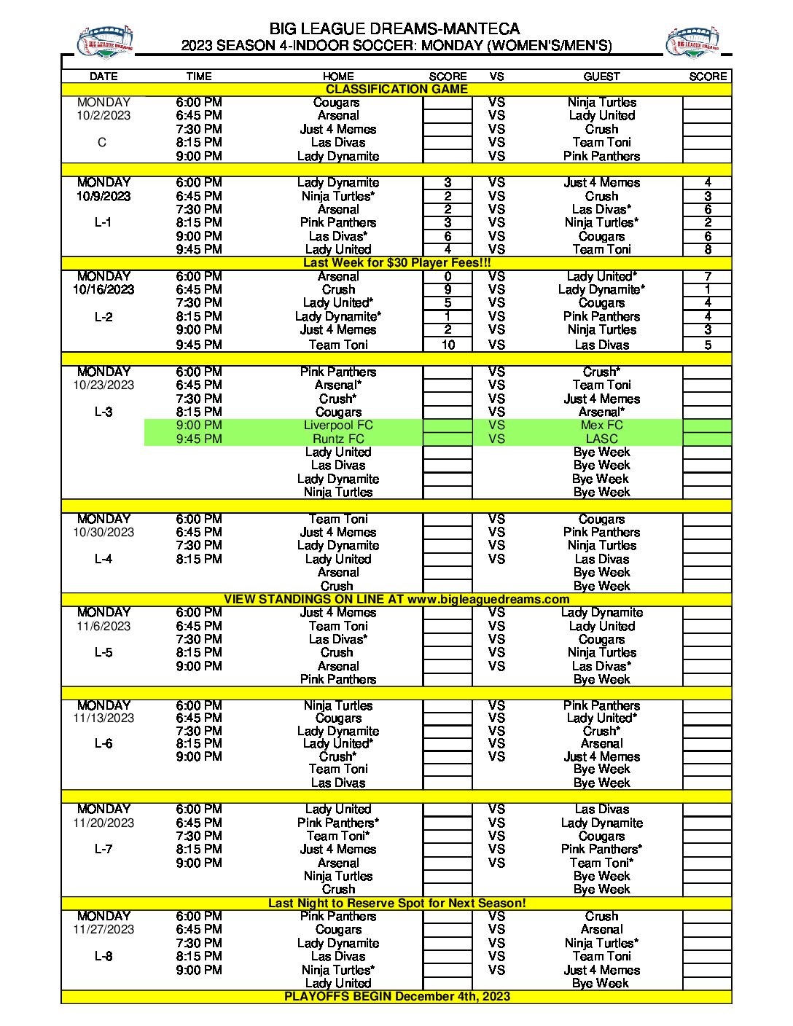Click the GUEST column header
coord(601,77)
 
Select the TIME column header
coord(198,77)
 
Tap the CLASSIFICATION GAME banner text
coord(396,89)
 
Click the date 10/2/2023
coord(103,115)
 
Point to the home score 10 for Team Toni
coord(448,345)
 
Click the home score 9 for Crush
coord(448,289)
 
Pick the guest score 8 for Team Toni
coord(707,249)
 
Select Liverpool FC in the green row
coord(338,425)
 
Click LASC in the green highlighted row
coord(601,439)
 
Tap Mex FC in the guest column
coord(601,425)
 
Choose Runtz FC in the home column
coord(338,439)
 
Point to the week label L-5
coord(103,652)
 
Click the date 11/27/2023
coord(103,929)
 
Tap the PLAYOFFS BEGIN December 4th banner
coord(396,996)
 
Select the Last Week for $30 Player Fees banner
coord(396,262)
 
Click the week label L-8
coord(103,956)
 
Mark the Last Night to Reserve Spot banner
coord(396,903)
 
